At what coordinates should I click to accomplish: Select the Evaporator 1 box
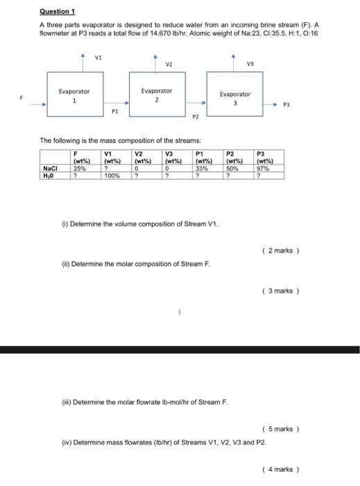pyautogui.click(x=74, y=96)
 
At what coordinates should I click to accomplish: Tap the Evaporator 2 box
pyautogui.click(x=156, y=95)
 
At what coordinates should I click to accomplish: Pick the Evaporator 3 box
pyautogui.click(x=235, y=99)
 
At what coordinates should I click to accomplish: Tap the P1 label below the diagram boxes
pyautogui.click(x=115, y=110)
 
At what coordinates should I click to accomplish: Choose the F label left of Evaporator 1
pyautogui.click(x=22, y=98)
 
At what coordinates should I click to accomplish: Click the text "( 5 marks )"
pyautogui.click(x=282, y=429)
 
